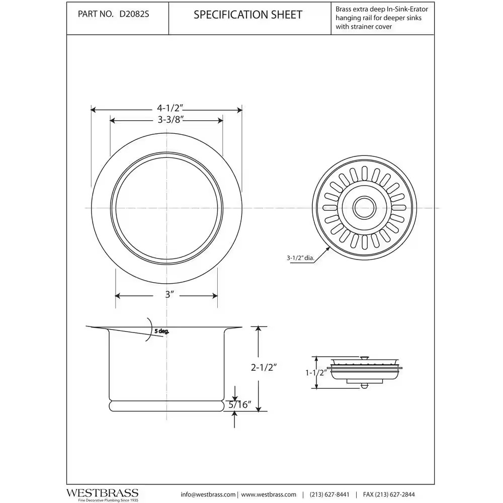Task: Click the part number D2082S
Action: (134, 15)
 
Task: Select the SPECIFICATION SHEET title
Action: (248, 15)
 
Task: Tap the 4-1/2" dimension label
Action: (170, 108)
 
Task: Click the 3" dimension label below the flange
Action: (169, 295)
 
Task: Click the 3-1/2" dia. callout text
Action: (300, 258)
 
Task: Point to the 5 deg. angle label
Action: (161, 331)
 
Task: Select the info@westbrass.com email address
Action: (208, 494)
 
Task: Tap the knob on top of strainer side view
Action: (365, 357)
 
